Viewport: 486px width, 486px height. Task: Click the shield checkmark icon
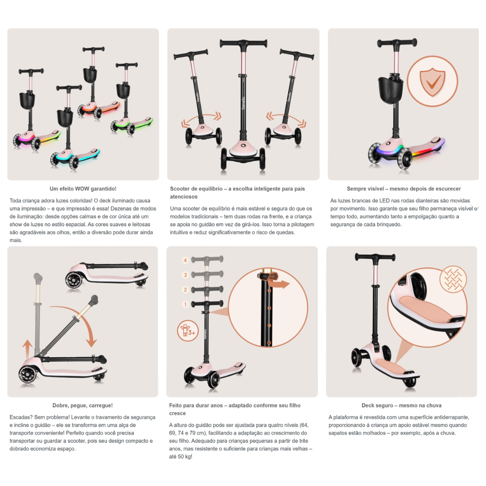pyautogui.click(x=432, y=81)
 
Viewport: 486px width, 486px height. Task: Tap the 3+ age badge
pyautogui.click(x=188, y=331)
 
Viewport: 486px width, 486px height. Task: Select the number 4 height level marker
pyautogui.click(x=185, y=261)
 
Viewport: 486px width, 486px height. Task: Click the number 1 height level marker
pyautogui.click(x=185, y=304)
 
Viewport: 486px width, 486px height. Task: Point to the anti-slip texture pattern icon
pyautogui.click(x=453, y=279)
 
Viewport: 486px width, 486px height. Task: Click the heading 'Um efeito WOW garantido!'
pyautogui.click(x=83, y=189)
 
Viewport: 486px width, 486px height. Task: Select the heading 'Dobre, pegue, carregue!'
pyautogui.click(x=82, y=405)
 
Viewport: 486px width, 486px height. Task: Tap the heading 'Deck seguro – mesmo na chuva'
pyautogui.click(x=401, y=405)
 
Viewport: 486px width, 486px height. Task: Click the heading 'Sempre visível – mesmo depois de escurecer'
pyautogui.click(x=404, y=189)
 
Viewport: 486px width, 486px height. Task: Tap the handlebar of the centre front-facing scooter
pyautogui.click(x=243, y=43)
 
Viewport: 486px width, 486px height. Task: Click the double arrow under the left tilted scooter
pyautogui.click(x=202, y=120)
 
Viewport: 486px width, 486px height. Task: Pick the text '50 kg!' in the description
pyautogui.click(x=184, y=457)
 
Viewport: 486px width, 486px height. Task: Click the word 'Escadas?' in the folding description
pyautogui.click(x=21, y=417)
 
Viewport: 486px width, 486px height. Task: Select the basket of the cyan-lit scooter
pyautogui.click(x=65, y=117)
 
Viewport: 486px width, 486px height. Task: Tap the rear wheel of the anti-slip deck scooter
pyautogui.click(x=410, y=382)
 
